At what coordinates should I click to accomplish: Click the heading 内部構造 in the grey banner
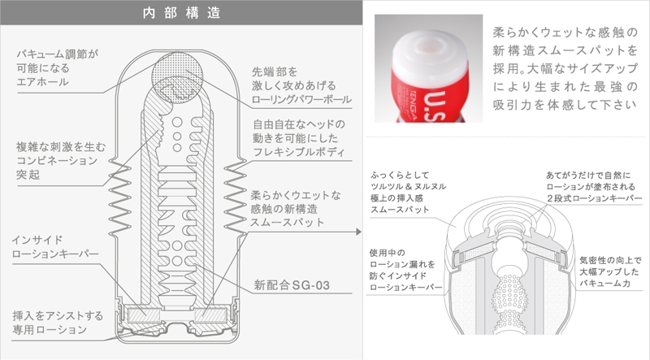point(181,13)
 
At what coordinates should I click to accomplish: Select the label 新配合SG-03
point(292,285)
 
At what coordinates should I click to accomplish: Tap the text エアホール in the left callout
point(42,82)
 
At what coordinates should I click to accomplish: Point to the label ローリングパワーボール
point(301,99)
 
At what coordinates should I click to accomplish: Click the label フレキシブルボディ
point(298,152)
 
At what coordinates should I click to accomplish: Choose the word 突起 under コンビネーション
point(28,175)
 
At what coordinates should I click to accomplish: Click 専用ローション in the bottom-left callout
point(50,330)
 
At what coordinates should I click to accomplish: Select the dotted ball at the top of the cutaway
point(177,77)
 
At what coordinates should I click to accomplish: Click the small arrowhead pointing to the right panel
point(358,232)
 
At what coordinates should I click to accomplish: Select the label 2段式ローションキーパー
point(594,198)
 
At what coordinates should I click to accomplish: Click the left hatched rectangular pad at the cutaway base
point(144,315)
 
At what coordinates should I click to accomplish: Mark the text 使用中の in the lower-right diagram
point(388,253)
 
